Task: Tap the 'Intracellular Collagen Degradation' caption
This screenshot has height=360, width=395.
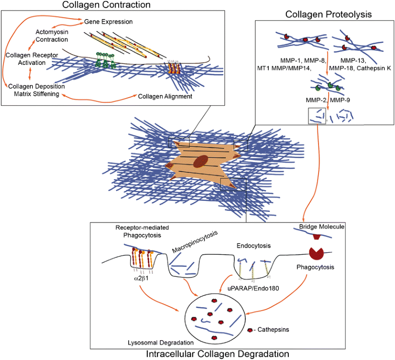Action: pyautogui.click(x=217, y=354)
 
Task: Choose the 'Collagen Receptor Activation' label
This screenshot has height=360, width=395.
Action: pyautogui.click(x=25, y=58)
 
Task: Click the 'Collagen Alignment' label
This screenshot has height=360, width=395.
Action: pyautogui.click(x=164, y=96)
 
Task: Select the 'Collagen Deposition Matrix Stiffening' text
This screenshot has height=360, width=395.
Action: pyautogui.click(x=34, y=90)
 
